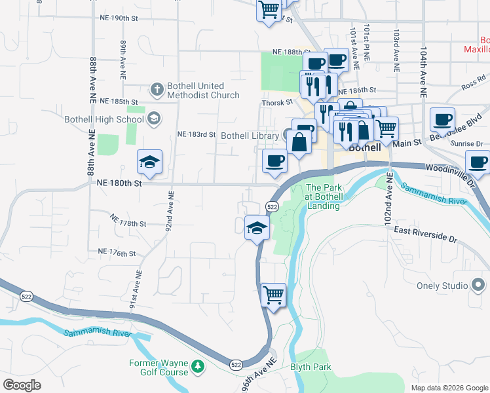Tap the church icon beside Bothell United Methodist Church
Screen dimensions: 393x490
(157, 88)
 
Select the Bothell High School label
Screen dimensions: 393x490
(104, 119)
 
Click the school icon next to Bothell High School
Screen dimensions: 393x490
(154, 119)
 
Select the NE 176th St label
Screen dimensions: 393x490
(116, 252)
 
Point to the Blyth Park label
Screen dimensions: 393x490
(311, 367)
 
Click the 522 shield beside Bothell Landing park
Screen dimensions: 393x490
(273, 207)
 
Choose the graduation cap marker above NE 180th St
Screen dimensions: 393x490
(149, 162)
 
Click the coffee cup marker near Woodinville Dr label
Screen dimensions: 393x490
(477, 162)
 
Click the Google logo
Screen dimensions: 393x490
(22, 385)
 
